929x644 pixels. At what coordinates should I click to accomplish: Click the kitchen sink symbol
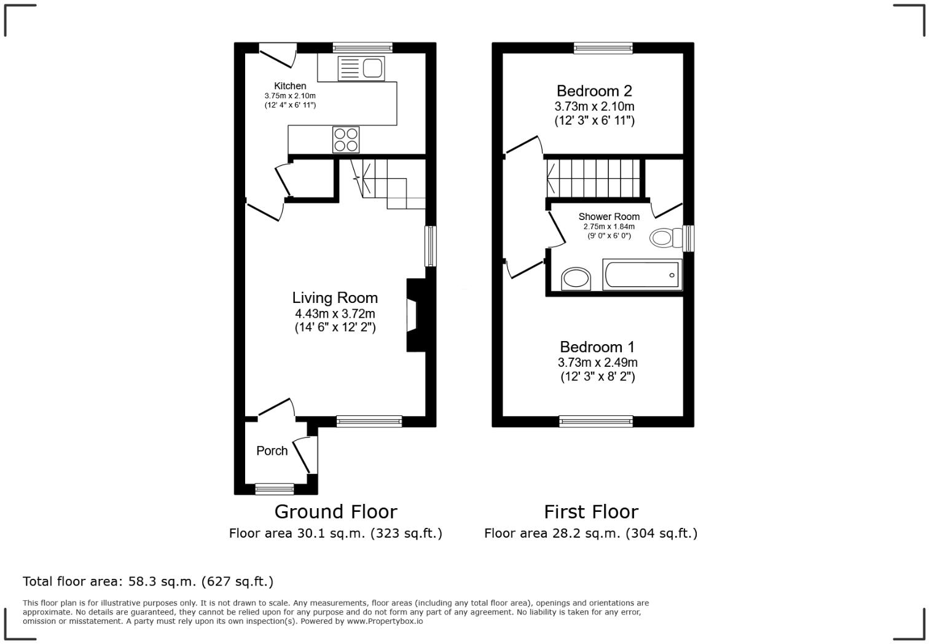[x=361, y=68]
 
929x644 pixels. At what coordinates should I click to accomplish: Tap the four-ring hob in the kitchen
[x=346, y=139]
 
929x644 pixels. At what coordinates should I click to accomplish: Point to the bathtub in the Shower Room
[x=643, y=275]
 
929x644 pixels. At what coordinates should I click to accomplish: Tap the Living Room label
[x=335, y=298]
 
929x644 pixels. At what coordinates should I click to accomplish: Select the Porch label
[x=272, y=451]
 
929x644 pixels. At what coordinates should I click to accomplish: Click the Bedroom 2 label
[x=594, y=91]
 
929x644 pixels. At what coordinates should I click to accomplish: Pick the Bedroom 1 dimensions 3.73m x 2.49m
[x=597, y=363]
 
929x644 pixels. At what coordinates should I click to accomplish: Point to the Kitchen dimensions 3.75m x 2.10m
[x=290, y=96]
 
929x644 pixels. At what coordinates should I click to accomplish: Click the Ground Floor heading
[x=335, y=511]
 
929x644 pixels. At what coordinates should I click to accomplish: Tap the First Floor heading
[x=591, y=511]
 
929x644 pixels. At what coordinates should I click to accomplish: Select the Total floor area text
[x=148, y=581]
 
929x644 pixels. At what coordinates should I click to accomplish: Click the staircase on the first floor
[x=594, y=178]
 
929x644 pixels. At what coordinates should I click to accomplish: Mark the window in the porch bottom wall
[x=275, y=489]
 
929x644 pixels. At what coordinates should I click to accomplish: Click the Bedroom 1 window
[x=596, y=421]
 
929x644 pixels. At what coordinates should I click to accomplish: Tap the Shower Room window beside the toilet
[x=689, y=238]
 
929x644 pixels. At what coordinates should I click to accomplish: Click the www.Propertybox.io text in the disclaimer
[x=385, y=621]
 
